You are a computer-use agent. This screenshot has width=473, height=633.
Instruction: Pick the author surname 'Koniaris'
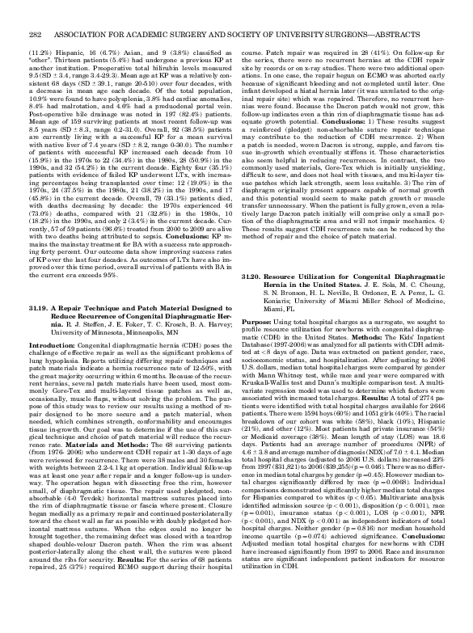[272, 322]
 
